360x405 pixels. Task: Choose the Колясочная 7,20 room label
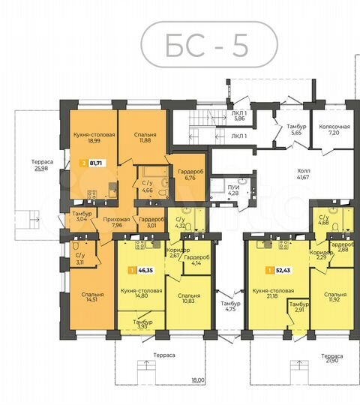pos(331,130)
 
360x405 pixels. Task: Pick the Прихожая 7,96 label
pos(115,221)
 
